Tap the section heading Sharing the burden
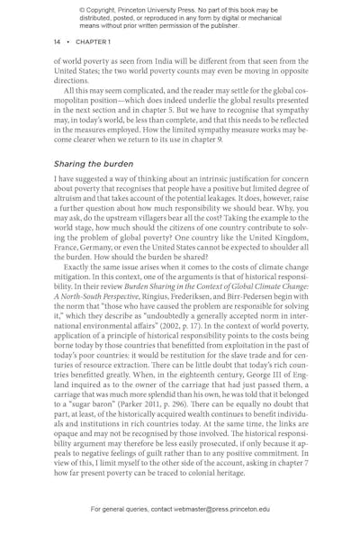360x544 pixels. [93, 164]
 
